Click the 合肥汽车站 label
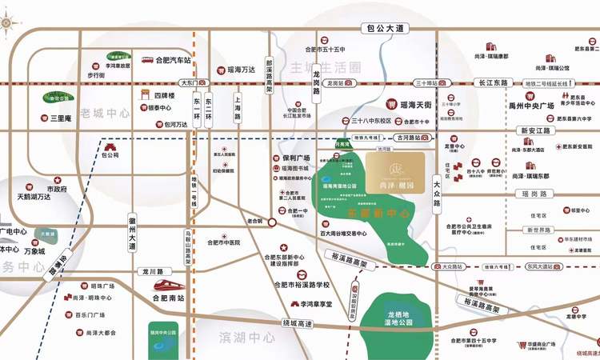coord(173,60)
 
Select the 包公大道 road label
coord(383,28)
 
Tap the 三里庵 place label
coord(62,118)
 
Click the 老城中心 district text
coord(105,114)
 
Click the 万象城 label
coord(34,251)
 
